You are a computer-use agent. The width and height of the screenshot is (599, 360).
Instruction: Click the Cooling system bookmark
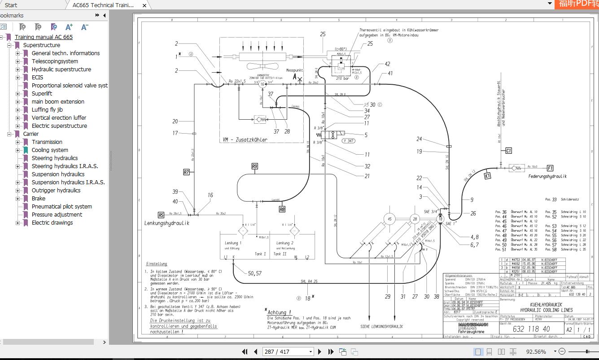[50, 150]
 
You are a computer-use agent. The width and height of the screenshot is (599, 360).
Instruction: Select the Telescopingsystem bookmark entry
[55, 61]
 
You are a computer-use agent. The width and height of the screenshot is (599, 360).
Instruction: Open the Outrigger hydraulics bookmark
[56, 190]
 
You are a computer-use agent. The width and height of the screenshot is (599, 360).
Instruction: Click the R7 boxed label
[187, 172]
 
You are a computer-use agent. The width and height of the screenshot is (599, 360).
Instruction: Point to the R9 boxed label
[254, 166]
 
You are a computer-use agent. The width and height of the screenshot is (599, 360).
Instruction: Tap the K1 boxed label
[488, 176]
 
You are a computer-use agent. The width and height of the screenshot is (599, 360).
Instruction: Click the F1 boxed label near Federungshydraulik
[550, 168]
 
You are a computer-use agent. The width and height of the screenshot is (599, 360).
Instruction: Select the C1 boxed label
[508, 151]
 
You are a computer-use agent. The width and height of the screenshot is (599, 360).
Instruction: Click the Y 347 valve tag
[349, 141]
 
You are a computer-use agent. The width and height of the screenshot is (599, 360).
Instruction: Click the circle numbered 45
[389, 219]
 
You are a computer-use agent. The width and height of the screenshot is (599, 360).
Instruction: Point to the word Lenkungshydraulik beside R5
[167, 223]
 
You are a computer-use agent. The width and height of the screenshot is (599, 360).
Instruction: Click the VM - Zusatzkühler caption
[245, 140]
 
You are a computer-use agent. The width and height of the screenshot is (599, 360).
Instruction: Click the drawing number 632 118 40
[531, 329]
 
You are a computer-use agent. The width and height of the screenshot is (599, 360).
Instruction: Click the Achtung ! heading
[279, 312]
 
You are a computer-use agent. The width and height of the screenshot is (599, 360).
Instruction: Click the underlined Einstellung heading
[157, 264]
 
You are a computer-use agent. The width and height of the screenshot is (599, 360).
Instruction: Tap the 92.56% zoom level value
[536, 351]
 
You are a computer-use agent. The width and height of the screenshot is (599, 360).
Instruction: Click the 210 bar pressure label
[342, 78]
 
